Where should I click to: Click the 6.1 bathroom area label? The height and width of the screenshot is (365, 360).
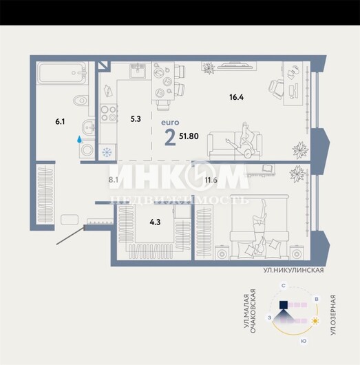pyautogui.click(x=60, y=122)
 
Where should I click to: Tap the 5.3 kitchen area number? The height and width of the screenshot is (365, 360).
pyautogui.click(x=136, y=119)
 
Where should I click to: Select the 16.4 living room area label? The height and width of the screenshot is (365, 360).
pyautogui.click(x=236, y=97)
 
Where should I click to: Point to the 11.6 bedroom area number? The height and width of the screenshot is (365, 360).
pyautogui.click(x=211, y=180)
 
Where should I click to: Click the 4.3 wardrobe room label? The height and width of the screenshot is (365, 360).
pyautogui.click(x=155, y=222)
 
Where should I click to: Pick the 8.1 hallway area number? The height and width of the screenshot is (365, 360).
pyautogui.click(x=114, y=180)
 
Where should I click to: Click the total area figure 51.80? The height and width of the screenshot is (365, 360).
pyautogui.click(x=189, y=136)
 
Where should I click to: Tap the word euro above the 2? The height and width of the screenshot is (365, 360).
pyautogui.click(x=170, y=123)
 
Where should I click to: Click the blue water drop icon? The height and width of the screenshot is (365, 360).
pyautogui.click(x=80, y=139)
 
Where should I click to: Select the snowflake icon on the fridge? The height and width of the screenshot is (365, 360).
pyautogui.click(x=107, y=152)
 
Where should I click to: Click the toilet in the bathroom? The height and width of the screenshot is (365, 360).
pyautogui.click(x=81, y=101)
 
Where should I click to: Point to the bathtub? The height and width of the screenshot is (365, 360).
pyautogui.click(x=63, y=72)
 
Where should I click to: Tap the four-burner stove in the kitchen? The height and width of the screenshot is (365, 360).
pyautogui.click(x=109, y=114)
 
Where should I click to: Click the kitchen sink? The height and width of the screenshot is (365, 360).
pyautogui.click(x=138, y=71)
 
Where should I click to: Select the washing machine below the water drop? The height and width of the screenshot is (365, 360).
pyautogui.click(x=87, y=150)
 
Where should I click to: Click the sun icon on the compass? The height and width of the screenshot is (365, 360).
pyautogui.click(x=315, y=321)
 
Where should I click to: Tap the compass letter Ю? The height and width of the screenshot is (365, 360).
pyautogui.click(x=304, y=342)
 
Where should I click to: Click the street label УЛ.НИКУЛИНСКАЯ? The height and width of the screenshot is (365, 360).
pyautogui.click(x=293, y=271)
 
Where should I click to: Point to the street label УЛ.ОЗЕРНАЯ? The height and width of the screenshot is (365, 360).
pyautogui.click(x=333, y=315)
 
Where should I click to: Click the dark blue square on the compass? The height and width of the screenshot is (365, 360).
pyautogui.click(x=284, y=304)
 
